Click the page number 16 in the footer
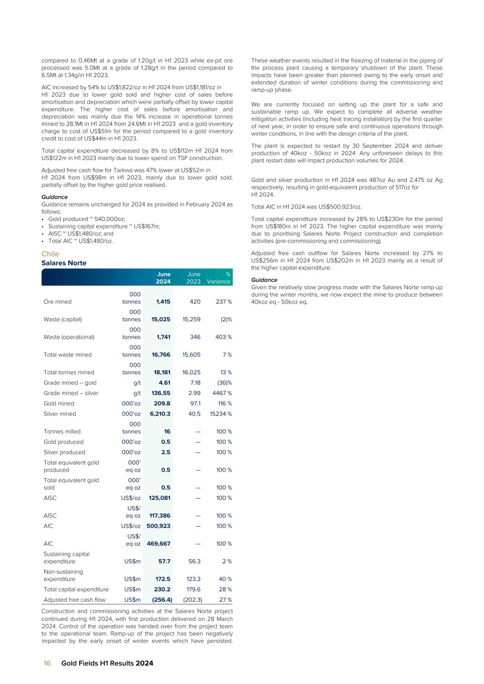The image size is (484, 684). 47,663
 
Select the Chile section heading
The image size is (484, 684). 50,254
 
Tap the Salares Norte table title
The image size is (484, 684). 64,263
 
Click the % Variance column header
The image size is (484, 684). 219,278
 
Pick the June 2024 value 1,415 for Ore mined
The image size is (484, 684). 163,302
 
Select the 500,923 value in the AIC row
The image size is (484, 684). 158,526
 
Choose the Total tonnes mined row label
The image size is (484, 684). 69,372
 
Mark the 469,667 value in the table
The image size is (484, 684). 158,544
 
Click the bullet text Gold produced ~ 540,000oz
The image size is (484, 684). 87,219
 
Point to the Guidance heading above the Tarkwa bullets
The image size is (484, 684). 54,197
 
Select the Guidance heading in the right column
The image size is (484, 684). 264,280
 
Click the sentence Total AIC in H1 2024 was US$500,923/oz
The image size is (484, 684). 306,206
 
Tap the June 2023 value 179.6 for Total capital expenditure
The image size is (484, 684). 193,589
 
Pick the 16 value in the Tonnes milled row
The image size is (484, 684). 167,431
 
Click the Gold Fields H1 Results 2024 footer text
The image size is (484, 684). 107,663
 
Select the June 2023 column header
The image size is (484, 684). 194,278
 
